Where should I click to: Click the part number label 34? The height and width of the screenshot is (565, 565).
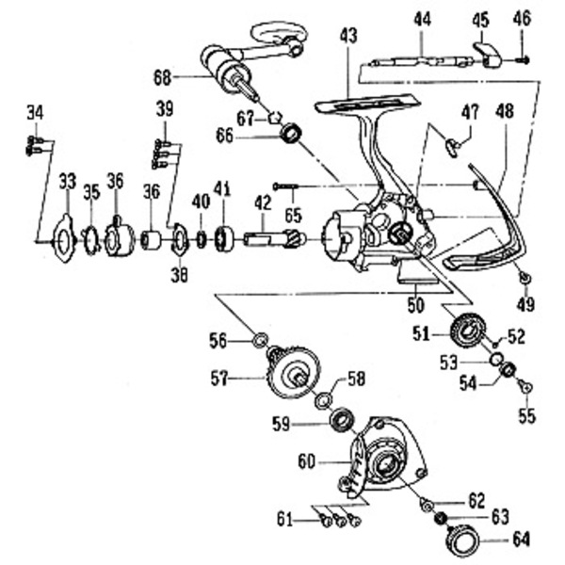(x=35, y=114)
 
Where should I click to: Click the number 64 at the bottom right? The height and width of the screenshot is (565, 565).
(x=521, y=539)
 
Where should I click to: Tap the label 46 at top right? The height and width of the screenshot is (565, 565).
(x=523, y=18)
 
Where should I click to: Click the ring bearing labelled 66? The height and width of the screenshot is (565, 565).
(x=291, y=135)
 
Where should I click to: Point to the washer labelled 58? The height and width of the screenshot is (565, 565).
(x=322, y=398)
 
